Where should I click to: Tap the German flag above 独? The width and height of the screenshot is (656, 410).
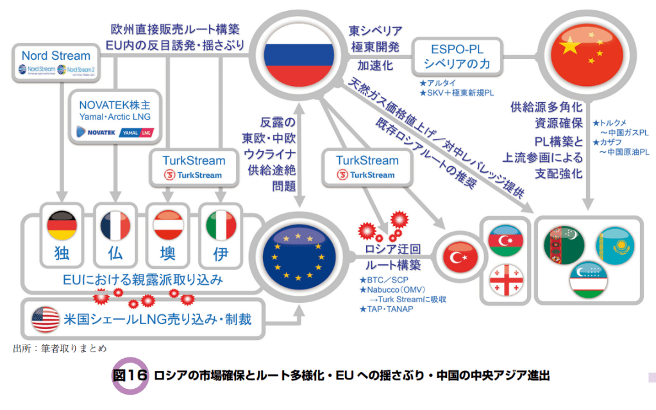tap(62, 225)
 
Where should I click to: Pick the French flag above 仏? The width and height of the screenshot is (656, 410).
tap(115, 225)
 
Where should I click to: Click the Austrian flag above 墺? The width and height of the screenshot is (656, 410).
tap(169, 225)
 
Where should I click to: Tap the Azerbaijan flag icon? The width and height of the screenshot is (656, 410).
tap(503, 241)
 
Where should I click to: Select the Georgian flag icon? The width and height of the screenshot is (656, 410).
tap(503, 281)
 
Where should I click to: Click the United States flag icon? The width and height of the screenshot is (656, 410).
tap(46, 319)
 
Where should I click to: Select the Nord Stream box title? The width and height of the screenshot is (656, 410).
tap(56, 56)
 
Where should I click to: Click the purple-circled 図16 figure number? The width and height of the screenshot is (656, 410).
tap(130, 376)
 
